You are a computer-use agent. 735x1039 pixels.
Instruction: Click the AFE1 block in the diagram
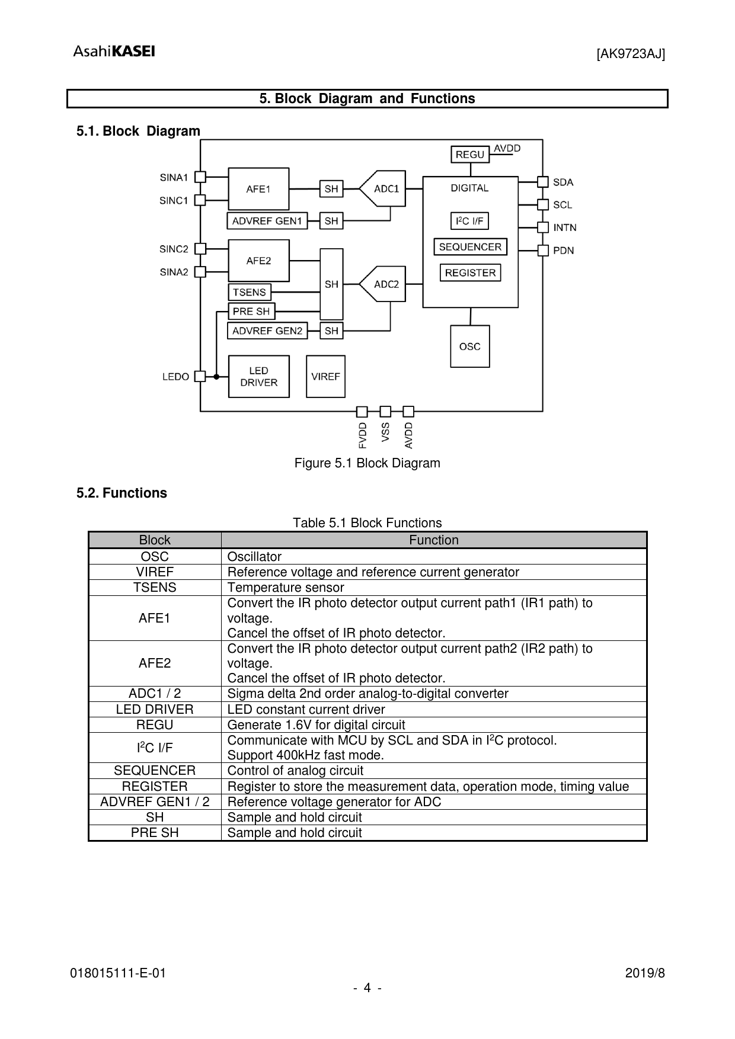tap(258, 189)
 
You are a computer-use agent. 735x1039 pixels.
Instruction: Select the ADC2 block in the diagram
tap(384, 284)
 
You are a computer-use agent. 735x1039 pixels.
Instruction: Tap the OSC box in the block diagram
tap(469, 347)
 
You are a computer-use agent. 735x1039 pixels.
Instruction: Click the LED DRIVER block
tap(258, 377)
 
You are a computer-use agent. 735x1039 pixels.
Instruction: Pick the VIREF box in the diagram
tap(325, 377)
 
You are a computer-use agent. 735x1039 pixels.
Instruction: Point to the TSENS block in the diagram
tap(249, 292)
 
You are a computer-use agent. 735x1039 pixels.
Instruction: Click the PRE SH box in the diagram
tap(251, 311)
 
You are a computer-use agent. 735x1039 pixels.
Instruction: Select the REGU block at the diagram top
tap(470, 155)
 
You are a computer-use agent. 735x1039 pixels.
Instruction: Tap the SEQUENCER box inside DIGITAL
tap(470, 247)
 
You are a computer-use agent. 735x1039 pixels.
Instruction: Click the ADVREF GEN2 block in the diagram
tap(267, 331)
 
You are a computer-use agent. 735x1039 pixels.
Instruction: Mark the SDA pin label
tap(563, 182)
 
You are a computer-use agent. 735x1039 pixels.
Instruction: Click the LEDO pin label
tap(175, 377)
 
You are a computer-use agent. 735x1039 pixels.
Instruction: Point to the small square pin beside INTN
tap(543, 227)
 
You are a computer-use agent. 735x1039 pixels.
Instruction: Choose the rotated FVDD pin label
tap(362, 435)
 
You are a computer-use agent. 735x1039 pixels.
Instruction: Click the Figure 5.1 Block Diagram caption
tap(367, 463)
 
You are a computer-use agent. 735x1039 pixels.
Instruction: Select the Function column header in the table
tap(433, 540)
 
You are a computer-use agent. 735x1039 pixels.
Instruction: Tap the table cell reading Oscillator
tap(254, 557)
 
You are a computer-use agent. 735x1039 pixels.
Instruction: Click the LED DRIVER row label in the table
tap(155, 710)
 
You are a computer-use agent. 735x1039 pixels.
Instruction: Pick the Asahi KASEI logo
tap(114, 52)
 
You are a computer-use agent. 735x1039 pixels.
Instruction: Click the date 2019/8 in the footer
tap(645, 973)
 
